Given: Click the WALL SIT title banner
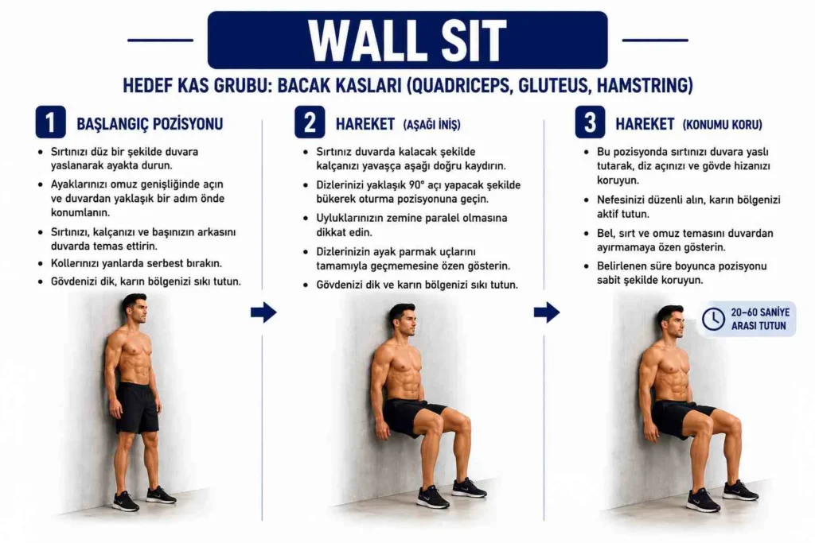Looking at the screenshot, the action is (407, 40).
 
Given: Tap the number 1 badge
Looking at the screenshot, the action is (50, 122).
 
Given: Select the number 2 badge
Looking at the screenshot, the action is (310, 122).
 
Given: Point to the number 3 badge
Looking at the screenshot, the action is (590, 122).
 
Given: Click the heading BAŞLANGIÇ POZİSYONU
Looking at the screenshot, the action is (150, 123).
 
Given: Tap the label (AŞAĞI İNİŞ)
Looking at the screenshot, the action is (432, 125).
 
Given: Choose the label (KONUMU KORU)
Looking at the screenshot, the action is (723, 125).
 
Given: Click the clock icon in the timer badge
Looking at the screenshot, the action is (713, 319).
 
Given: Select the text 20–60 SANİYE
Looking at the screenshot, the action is (760, 312).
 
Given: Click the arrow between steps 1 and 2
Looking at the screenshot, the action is (263, 312).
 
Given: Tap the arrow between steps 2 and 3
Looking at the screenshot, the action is (547, 312).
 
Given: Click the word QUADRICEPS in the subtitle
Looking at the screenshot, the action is (454, 85).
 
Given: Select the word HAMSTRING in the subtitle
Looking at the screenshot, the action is (642, 85).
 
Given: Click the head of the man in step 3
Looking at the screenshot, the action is (670, 321).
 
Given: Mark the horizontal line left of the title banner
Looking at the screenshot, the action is (160, 40).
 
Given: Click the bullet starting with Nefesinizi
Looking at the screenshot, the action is (682, 207).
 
